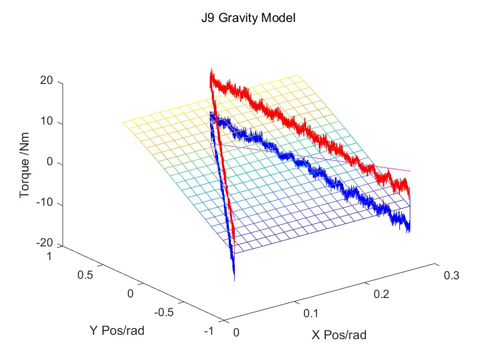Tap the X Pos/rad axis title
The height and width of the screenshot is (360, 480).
(339, 335)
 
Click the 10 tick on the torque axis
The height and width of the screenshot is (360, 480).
(46, 122)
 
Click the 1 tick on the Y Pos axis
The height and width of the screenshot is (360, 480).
(50, 256)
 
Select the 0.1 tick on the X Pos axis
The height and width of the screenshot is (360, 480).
(310, 313)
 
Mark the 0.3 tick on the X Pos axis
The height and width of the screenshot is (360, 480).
(450, 275)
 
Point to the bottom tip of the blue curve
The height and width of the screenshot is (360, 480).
(234, 280)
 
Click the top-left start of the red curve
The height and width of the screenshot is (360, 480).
(211, 71)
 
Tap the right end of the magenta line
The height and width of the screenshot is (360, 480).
(410, 171)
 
